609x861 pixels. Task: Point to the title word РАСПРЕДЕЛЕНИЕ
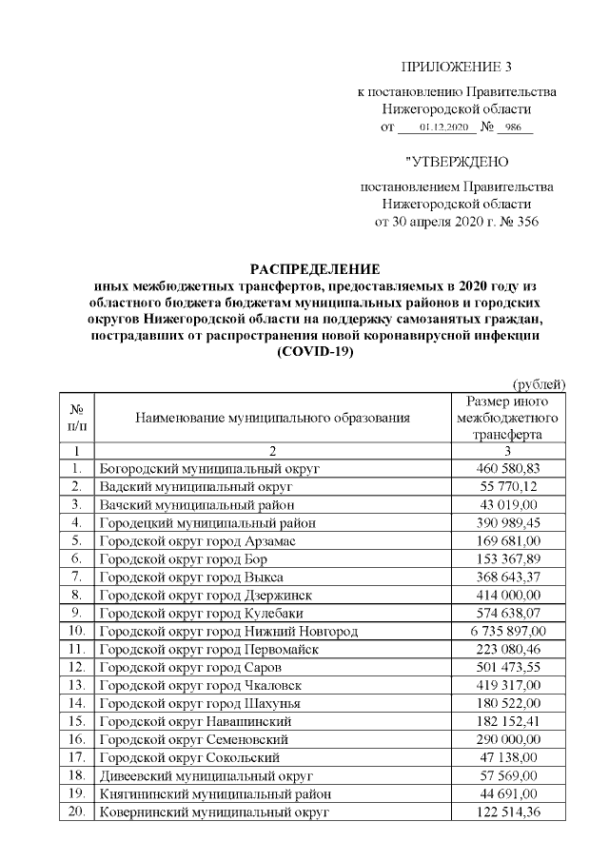click(314, 268)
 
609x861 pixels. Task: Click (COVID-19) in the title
click(314, 351)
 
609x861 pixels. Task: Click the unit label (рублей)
click(539, 383)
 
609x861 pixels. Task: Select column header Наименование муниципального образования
click(272, 417)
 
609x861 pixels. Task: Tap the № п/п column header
click(75, 417)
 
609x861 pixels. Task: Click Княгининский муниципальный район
click(216, 793)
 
